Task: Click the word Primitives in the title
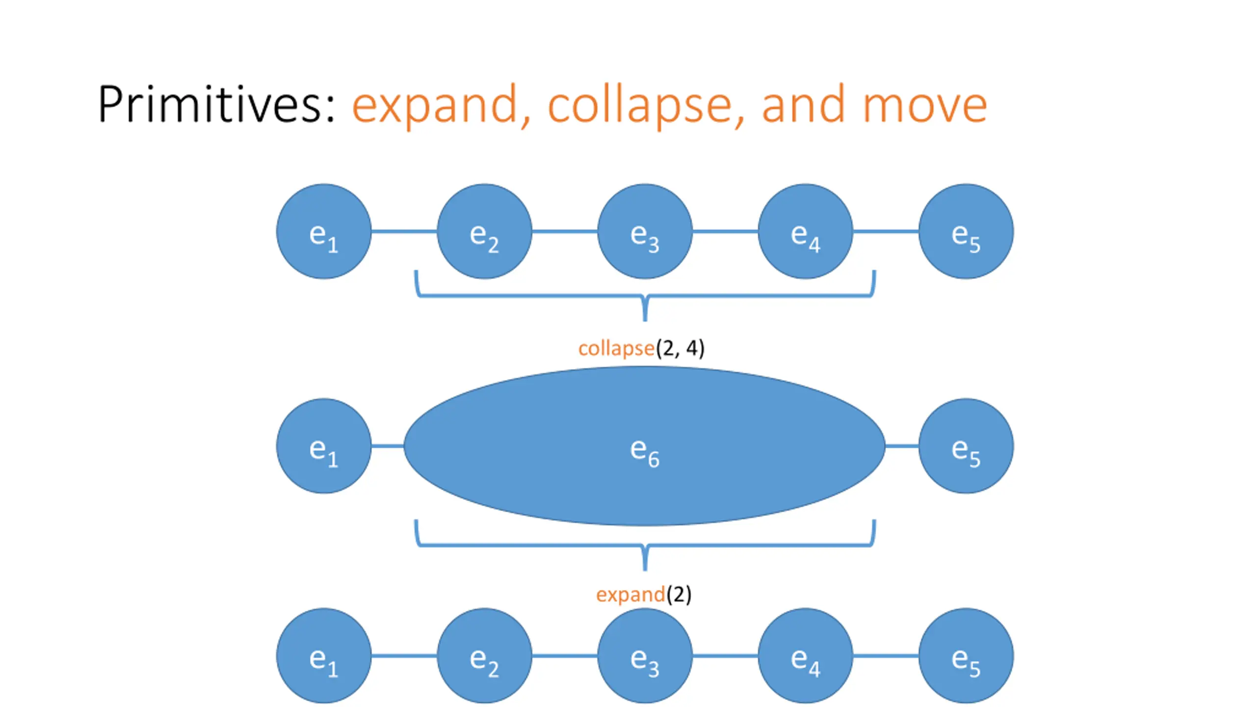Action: click(x=216, y=104)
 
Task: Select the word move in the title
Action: click(x=924, y=105)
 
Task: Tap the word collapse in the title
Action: click(x=640, y=105)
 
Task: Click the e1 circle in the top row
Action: click(x=324, y=231)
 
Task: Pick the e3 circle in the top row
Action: click(x=645, y=231)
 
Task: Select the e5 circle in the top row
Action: click(x=966, y=231)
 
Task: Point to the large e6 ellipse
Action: click(x=645, y=446)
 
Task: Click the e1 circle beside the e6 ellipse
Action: click(x=324, y=446)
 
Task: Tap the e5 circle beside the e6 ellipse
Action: click(x=966, y=446)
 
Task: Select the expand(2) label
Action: click(x=644, y=595)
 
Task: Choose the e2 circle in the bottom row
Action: click(x=484, y=655)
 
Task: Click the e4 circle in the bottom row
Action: click(x=805, y=655)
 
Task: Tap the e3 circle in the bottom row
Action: click(x=645, y=655)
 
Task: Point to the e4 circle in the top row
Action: click(x=805, y=231)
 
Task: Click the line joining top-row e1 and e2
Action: click(x=404, y=231)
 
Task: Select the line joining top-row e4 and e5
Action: click(x=886, y=231)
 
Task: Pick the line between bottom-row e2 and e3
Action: click(x=564, y=655)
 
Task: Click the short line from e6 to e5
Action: click(x=902, y=446)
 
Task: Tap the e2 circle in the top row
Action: click(x=484, y=231)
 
